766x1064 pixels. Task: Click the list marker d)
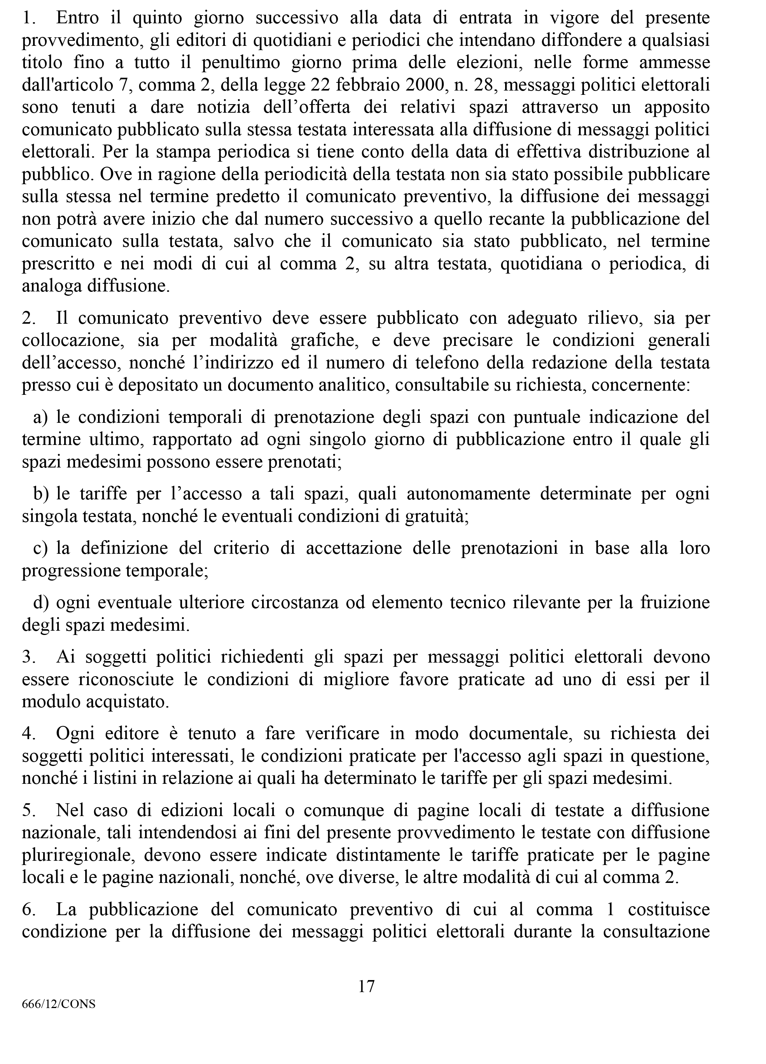pos(41,602)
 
